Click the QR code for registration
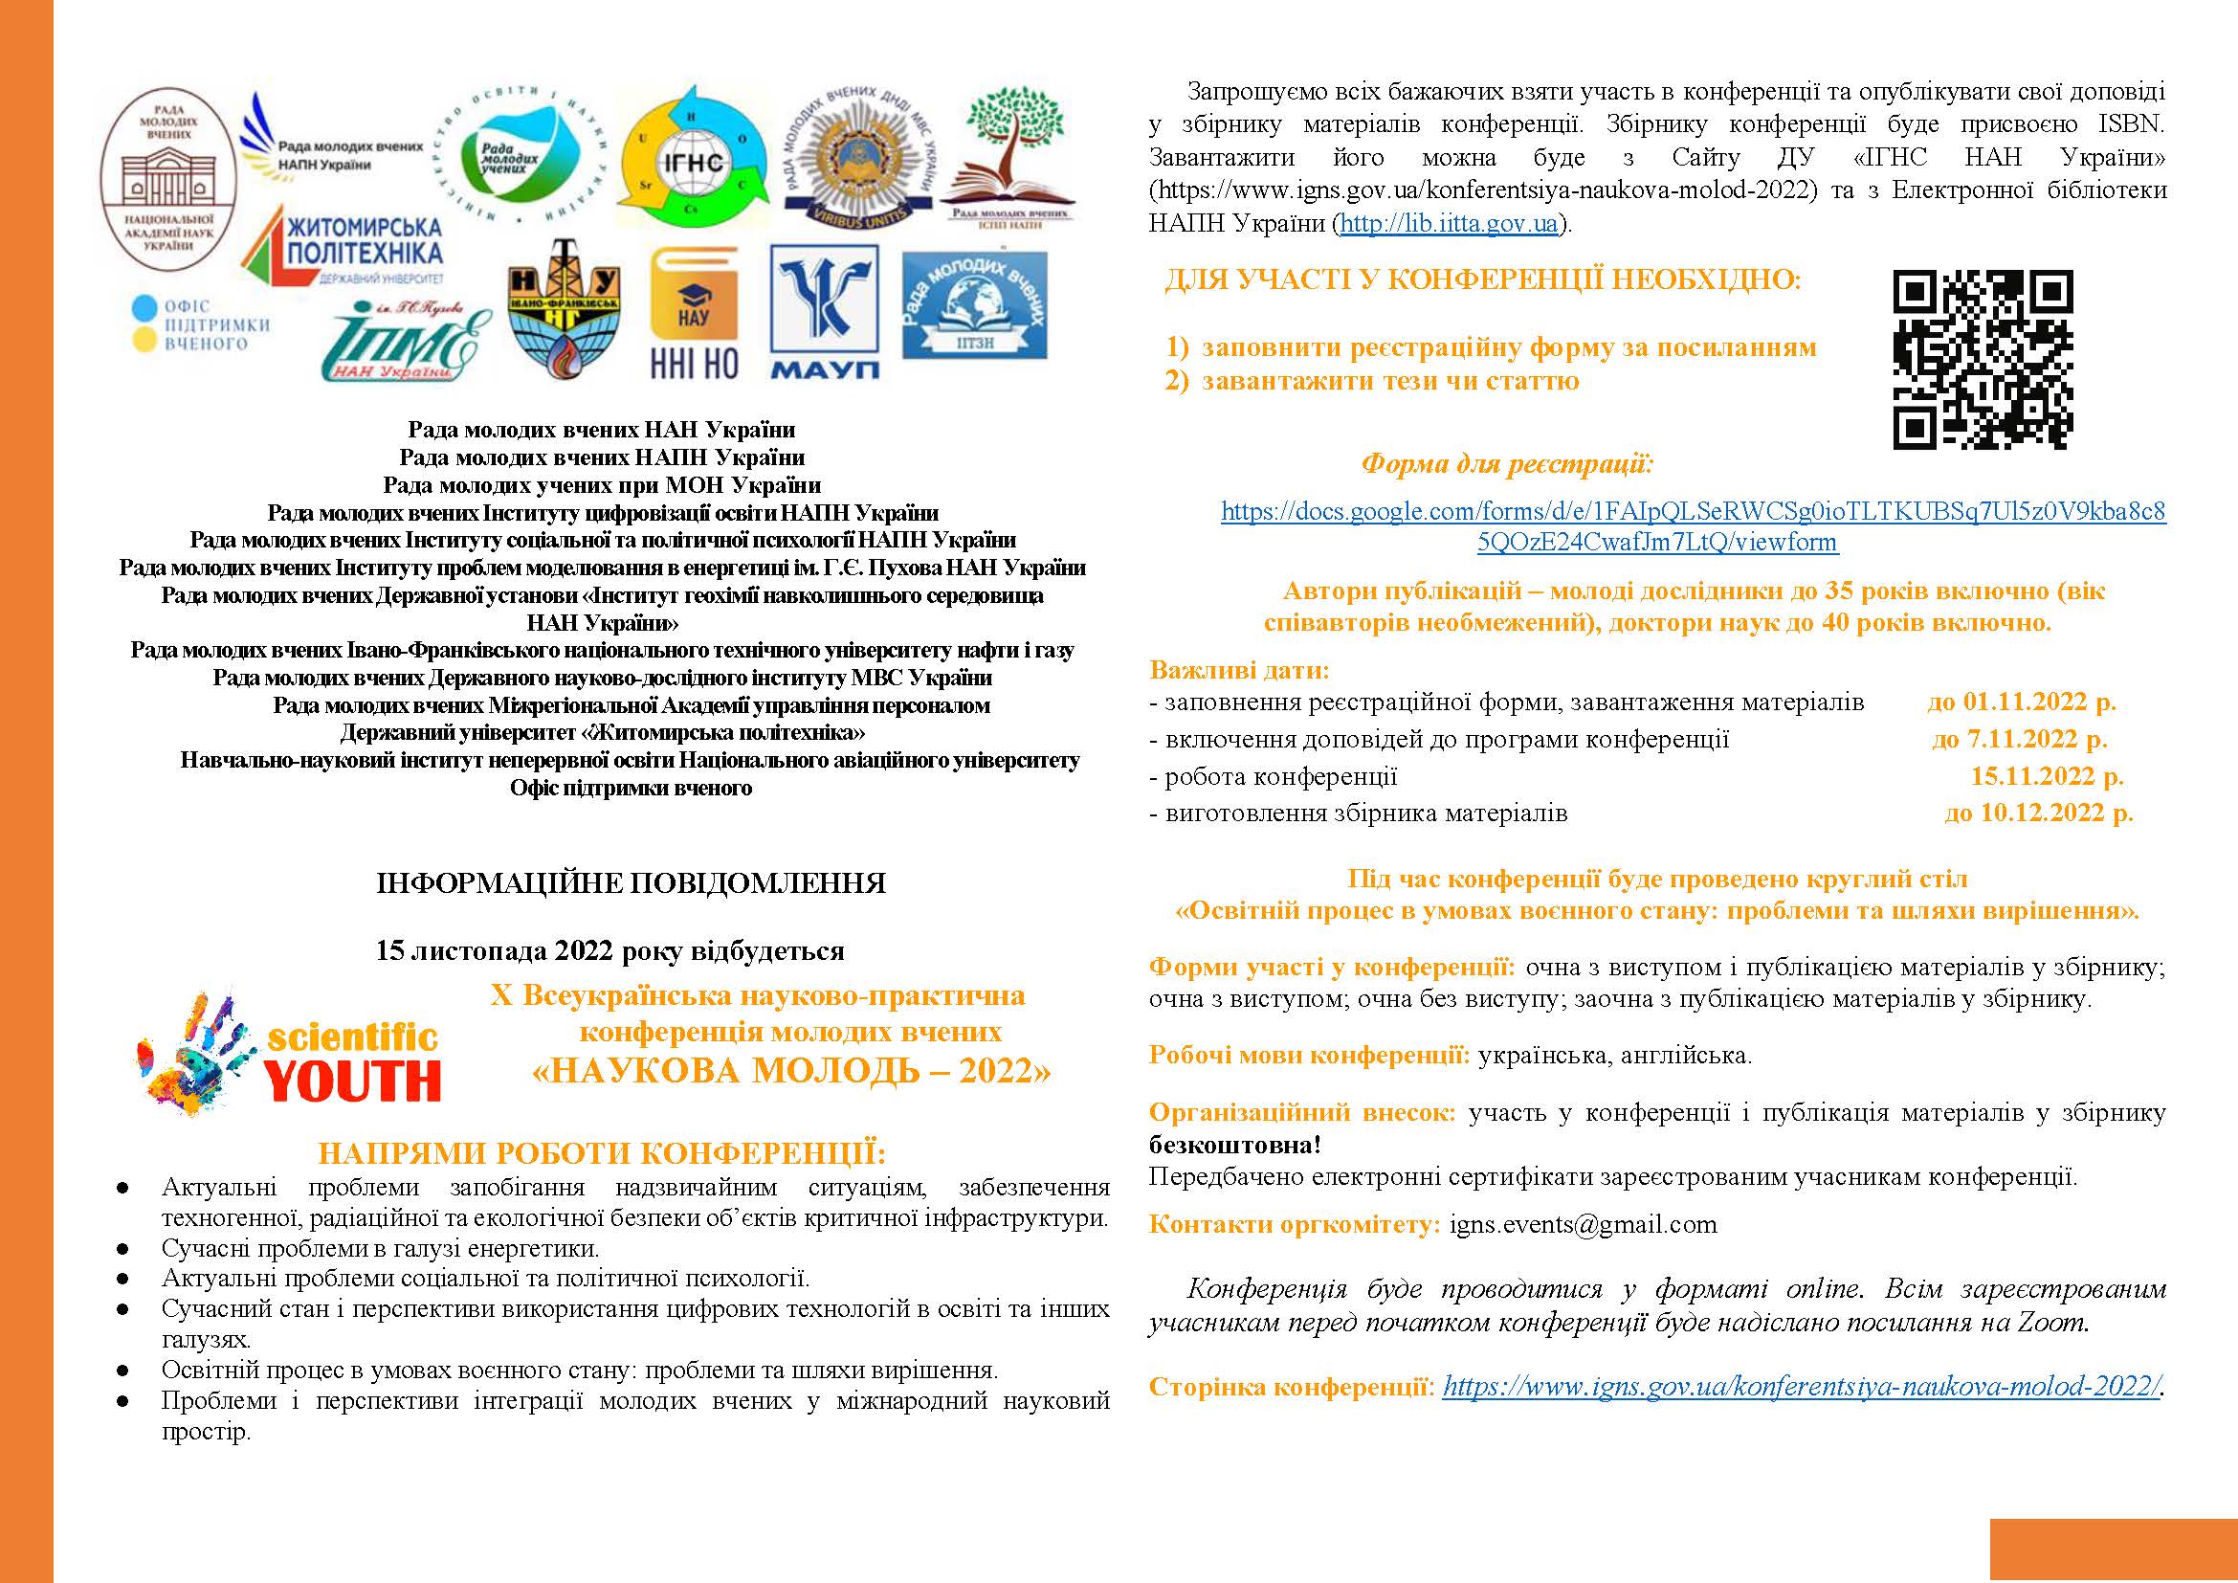pos(1983,360)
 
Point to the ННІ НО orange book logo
pos(694,312)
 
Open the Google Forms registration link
pos(1693,526)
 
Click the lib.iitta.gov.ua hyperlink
pos(1450,223)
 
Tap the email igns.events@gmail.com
pos(1583,1224)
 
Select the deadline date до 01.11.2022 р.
pos(2022,702)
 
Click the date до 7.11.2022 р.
pos(2020,739)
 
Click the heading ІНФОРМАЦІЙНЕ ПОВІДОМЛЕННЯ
pos(631,883)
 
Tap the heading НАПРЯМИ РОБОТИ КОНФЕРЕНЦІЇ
pos(603,1153)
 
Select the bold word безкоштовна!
pos(1235,1145)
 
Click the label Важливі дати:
pos(1239,671)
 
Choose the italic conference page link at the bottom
pos(1802,1386)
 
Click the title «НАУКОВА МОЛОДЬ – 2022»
pos(791,1071)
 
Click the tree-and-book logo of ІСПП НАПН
pos(1010,156)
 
